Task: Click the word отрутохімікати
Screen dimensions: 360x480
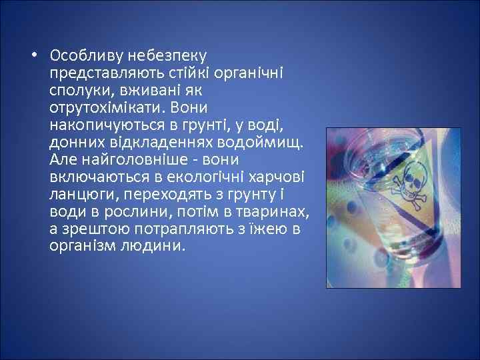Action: pos(109,107)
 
